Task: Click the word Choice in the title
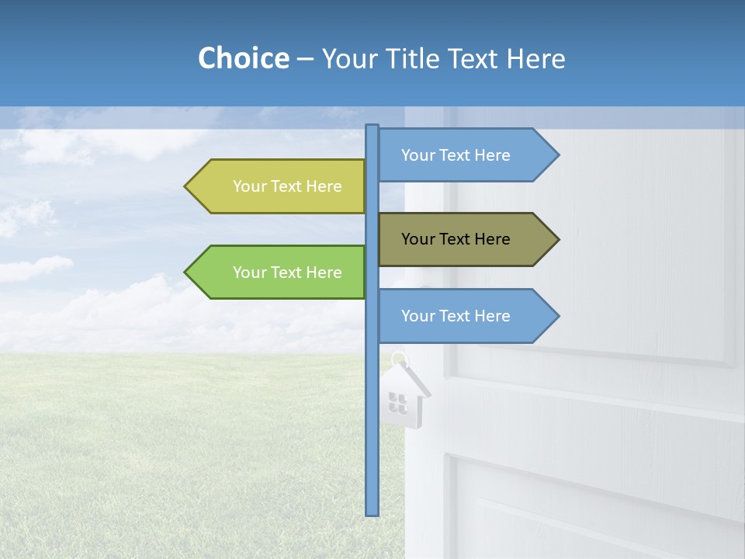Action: point(243,58)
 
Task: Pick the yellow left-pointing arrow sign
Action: point(279,186)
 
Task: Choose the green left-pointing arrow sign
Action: point(279,273)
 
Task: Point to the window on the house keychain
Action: point(397,402)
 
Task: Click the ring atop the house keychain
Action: point(399,359)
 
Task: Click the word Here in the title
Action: point(536,59)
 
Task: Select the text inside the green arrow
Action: point(287,273)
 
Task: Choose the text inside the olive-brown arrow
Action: point(456,239)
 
